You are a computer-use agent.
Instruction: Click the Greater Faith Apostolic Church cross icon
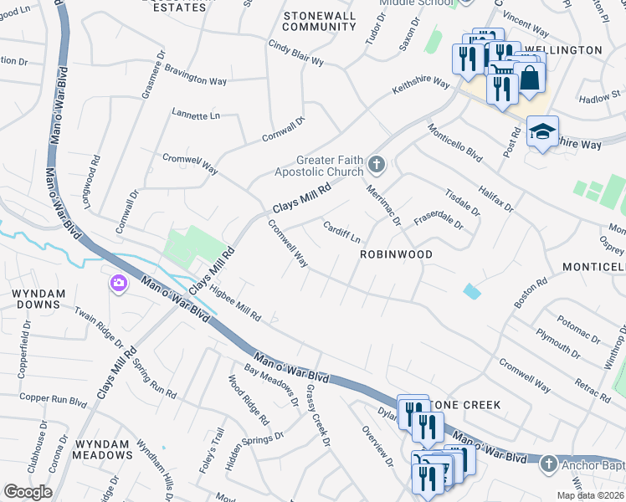coord(377,164)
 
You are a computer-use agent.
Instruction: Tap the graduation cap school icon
coord(542,131)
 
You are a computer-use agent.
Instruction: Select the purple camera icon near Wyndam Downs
coord(118,284)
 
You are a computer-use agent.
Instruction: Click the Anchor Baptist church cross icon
coord(548,463)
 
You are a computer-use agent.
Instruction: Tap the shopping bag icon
coord(530,78)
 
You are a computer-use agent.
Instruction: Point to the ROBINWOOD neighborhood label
coord(396,254)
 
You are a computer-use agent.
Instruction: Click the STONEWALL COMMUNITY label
coord(320,21)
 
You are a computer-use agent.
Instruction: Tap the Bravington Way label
coord(195,74)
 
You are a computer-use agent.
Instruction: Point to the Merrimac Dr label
coord(384,204)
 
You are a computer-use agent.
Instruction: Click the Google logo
coord(28,492)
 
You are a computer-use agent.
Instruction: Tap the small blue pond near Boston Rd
coord(472,291)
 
